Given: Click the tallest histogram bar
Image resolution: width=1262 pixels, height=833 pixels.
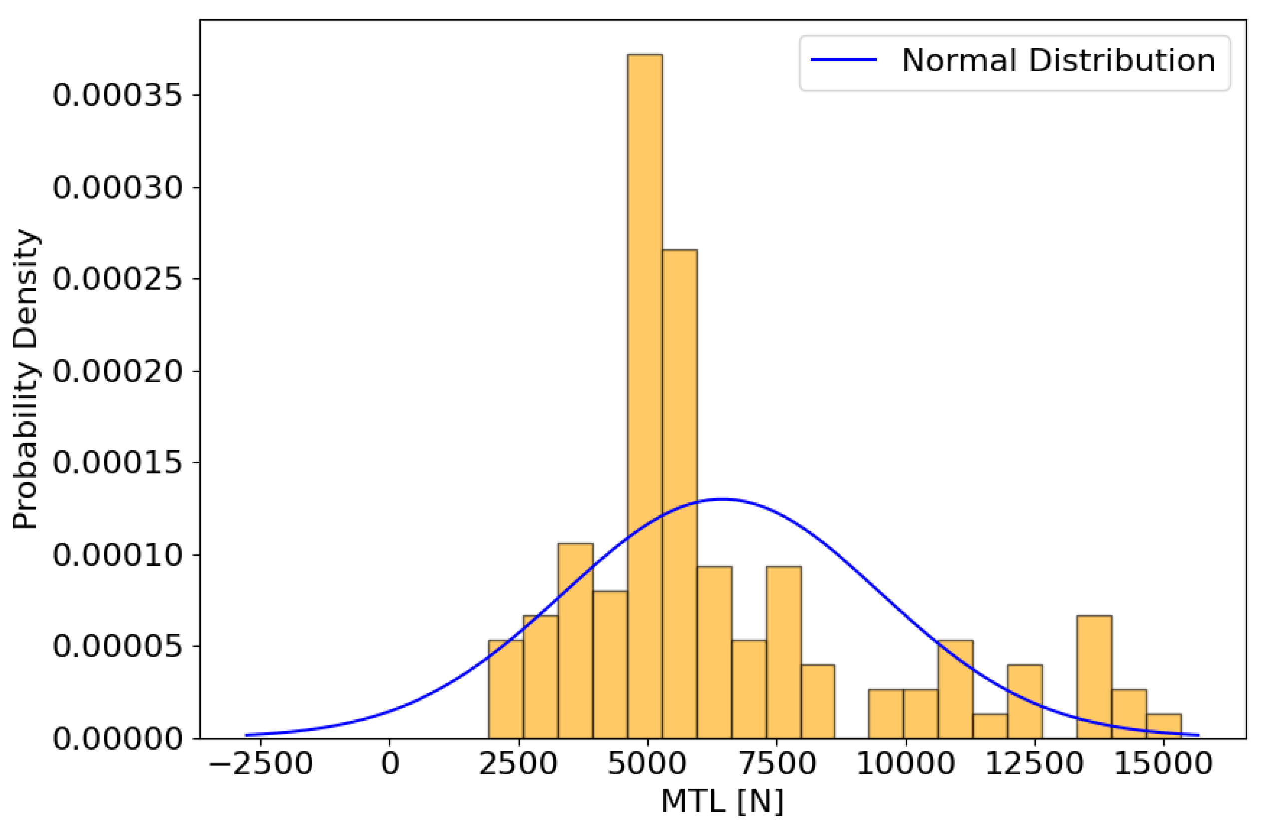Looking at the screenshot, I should point(645,372).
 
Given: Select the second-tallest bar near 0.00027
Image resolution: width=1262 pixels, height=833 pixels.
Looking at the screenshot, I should point(680,478).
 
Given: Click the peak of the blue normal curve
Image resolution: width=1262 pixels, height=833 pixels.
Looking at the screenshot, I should point(722,499).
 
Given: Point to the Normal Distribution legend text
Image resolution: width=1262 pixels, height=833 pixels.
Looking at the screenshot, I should point(1058,61).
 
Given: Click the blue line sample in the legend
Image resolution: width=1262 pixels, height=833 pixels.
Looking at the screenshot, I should point(843,60).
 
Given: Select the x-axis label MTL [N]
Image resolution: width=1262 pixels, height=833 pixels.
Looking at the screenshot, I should point(722,801).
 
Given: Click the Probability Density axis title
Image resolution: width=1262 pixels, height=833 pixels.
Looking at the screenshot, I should point(25,379).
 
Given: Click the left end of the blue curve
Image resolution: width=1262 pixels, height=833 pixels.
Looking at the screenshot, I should point(247,735).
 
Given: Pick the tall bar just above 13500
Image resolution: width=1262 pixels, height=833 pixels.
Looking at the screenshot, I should point(1094,678).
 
